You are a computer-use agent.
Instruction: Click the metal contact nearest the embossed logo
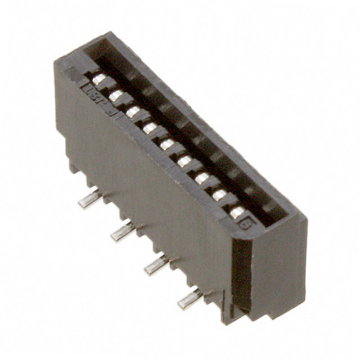[x=100, y=80]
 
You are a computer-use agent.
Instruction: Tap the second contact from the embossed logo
[x=116, y=96]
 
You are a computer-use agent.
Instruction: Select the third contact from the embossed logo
[x=133, y=112]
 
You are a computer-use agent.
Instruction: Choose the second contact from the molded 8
[x=220, y=195]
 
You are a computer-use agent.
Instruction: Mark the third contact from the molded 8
[x=202, y=178]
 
